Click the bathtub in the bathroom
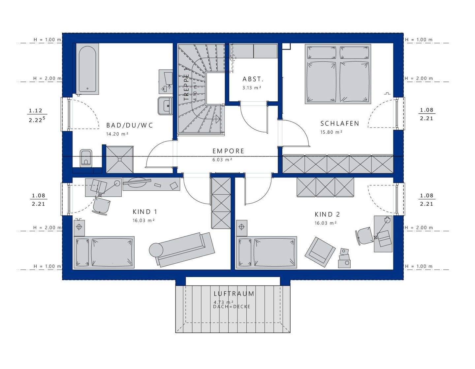[87, 69]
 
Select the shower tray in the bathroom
[119, 159]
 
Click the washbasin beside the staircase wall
[165, 106]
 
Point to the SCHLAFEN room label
[340, 123]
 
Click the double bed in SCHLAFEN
[338, 74]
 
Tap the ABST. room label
[253, 79]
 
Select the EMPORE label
[228, 151]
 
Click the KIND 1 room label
[145, 212]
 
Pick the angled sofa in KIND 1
[182, 250]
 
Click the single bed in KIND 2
[267, 252]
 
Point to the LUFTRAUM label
[234, 294]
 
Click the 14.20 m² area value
[117, 134]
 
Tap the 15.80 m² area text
[332, 132]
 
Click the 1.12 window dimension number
[35, 111]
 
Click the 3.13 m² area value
[252, 88]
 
